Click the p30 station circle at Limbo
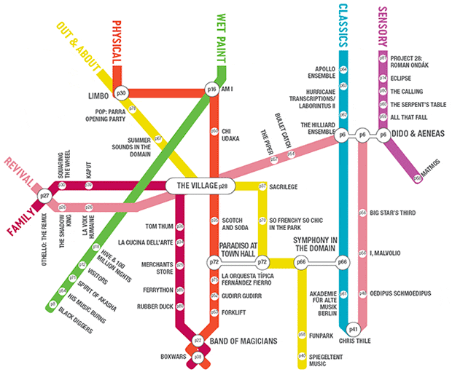click(122, 93)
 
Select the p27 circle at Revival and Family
click(44, 197)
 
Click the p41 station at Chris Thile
click(354, 328)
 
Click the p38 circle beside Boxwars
click(197, 356)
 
